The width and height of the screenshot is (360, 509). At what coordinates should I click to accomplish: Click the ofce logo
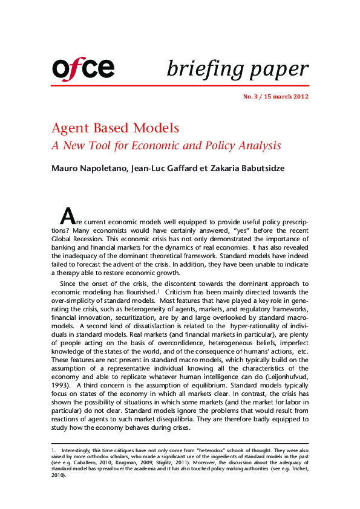(x=83, y=68)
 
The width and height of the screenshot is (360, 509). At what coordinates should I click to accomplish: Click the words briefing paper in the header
(x=237, y=68)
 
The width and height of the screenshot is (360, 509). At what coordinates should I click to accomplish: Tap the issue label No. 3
(x=252, y=97)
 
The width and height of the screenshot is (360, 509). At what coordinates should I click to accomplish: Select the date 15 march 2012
(x=287, y=97)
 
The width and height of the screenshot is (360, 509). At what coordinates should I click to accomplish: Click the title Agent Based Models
(x=115, y=128)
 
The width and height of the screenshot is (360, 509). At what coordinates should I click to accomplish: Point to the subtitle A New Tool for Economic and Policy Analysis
(x=166, y=146)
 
